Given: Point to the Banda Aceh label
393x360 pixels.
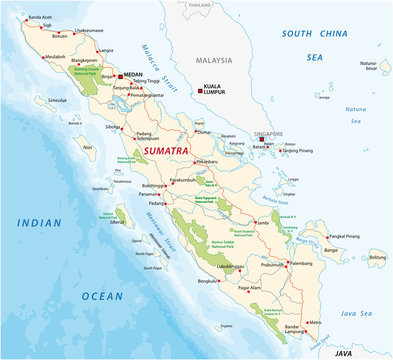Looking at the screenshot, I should pyautogui.click(x=42, y=18).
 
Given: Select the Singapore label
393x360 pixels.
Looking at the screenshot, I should pyautogui.click(x=265, y=132).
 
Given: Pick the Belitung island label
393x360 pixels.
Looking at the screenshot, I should pyautogui.click(x=376, y=257).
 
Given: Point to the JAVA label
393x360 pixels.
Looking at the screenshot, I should pyautogui.click(x=343, y=353).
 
